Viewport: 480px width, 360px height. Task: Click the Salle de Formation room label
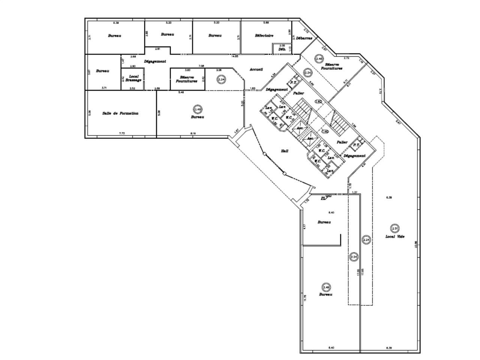(x=120, y=113)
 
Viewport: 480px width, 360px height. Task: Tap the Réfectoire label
(x=264, y=36)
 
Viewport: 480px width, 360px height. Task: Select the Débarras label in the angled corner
(x=304, y=38)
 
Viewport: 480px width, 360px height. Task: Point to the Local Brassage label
(x=133, y=78)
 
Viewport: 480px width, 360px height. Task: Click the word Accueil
(x=256, y=69)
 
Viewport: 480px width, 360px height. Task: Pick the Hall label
(x=285, y=151)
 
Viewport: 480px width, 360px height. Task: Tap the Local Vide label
(x=394, y=237)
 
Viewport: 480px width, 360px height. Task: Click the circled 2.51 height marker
(x=394, y=228)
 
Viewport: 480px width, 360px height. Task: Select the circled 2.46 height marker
(x=319, y=59)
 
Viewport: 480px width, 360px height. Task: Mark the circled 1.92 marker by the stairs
(x=318, y=102)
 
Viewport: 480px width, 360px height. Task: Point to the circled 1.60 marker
(x=325, y=131)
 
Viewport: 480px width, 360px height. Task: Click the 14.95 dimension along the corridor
(x=235, y=56)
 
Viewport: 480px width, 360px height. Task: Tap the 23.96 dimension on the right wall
(x=415, y=244)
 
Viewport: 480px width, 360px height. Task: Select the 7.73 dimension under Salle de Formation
(x=121, y=133)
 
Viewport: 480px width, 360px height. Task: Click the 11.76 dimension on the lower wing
(x=305, y=297)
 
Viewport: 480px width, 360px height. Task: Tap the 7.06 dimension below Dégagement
(x=201, y=66)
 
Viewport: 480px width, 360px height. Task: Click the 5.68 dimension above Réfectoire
(x=266, y=23)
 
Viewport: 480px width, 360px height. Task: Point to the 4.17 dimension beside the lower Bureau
(x=305, y=226)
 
